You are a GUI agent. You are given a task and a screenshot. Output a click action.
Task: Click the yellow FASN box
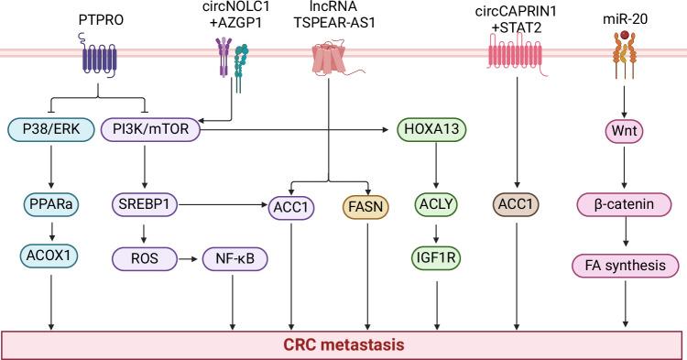367,208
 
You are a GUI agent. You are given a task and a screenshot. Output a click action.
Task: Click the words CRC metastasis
343,344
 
